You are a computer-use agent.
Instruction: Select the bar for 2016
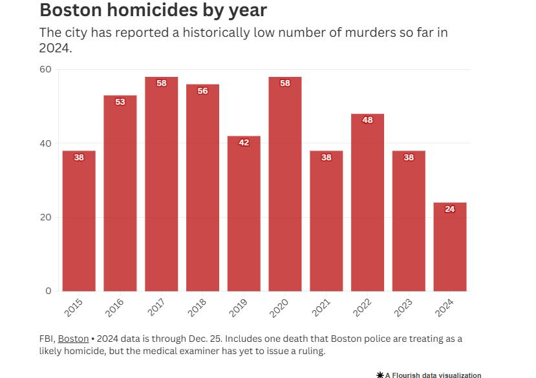click(120, 194)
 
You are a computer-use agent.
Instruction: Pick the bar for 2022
click(367, 203)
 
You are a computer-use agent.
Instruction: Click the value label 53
click(120, 101)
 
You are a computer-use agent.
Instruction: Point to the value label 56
click(202, 91)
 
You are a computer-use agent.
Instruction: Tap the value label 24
click(449, 209)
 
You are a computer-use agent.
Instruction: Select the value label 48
click(367, 120)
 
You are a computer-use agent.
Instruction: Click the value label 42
click(244, 142)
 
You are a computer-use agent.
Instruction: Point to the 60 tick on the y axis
click(45, 69)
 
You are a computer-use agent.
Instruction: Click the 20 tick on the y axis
click(45, 217)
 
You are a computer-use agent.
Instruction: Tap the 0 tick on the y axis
click(48, 291)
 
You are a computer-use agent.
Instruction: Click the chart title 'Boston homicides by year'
click(153, 11)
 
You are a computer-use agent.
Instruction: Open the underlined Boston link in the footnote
click(73, 339)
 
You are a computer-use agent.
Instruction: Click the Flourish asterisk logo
click(380, 375)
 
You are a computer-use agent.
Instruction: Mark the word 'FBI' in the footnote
click(47, 339)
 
